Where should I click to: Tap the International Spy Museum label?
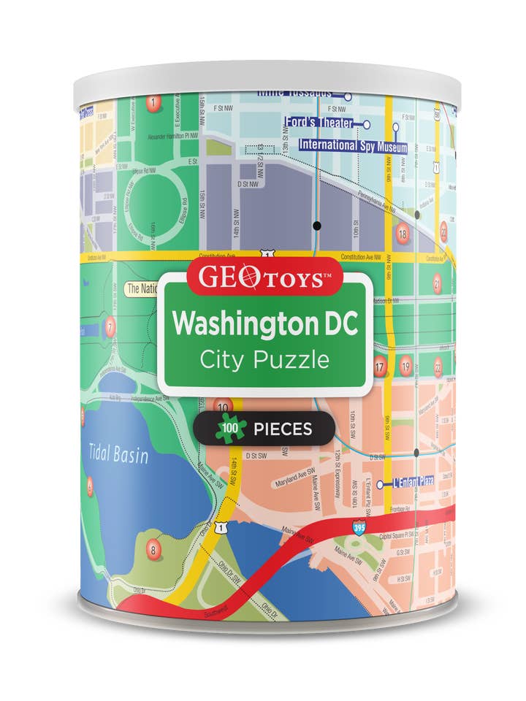pyautogui.click(x=352, y=146)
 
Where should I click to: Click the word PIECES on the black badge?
pyautogui.click(x=283, y=429)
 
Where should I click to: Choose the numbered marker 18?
pyautogui.click(x=402, y=234)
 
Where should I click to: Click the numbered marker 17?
pyautogui.click(x=379, y=367)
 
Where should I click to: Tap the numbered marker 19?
pyautogui.click(x=405, y=367)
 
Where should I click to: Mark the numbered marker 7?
pyautogui.click(x=110, y=326)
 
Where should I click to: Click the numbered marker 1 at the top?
pyautogui.click(x=153, y=103)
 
